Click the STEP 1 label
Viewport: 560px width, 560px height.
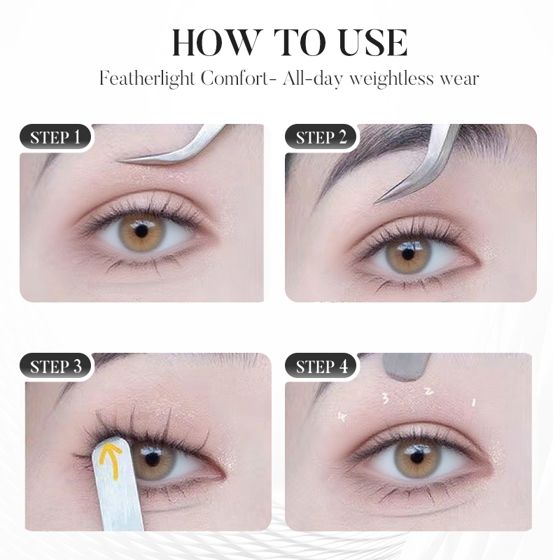click(x=60, y=137)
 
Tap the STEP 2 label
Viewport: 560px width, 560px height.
click(x=321, y=137)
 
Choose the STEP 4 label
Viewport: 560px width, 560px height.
click(x=321, y=366)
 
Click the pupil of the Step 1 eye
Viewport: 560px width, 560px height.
click(x=141, y=230)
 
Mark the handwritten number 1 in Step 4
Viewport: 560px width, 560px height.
click(x=474, y=402)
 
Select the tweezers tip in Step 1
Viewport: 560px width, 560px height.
click(x=127, y=160)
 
